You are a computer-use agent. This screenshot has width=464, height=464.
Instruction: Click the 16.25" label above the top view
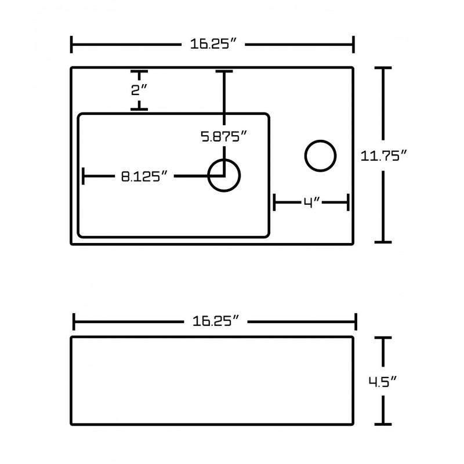point(213,44)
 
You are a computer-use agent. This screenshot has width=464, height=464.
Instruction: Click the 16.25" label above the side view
point(214,321)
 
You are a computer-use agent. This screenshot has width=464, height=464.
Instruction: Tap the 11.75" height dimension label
point(382,155)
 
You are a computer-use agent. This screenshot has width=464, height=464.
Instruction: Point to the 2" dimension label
point(139,90)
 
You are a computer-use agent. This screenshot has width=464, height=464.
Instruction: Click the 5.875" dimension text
point(224,137)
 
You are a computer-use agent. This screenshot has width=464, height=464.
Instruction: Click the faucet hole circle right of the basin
point(320,155)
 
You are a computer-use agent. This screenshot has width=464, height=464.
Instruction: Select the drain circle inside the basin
point(224,175)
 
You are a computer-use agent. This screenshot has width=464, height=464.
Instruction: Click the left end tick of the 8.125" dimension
point(84,176)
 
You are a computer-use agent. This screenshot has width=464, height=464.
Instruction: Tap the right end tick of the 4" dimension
point(347,202)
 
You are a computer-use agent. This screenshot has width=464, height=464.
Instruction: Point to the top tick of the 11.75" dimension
point(383,68)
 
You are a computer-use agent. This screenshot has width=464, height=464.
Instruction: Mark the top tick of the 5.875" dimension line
point(224,71)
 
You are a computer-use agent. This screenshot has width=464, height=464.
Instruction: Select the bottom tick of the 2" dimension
point(139,108)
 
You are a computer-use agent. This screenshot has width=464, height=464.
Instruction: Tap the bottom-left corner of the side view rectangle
point(72,423)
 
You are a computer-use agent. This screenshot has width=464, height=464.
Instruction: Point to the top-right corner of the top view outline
point(352,68)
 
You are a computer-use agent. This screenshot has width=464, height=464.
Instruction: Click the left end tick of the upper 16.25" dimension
point(71,44)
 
